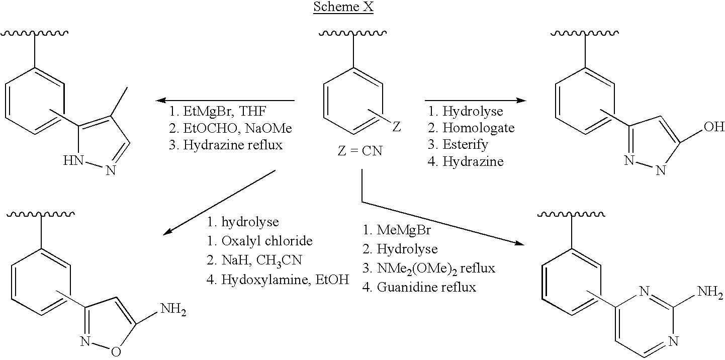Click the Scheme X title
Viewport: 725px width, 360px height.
tap(343, 8)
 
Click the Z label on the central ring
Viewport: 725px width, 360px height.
tap(396, 126)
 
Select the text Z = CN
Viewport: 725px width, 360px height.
tap(360, 150)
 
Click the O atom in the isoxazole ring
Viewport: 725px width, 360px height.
tap(116, 351)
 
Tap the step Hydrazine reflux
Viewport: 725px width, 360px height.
tap(226, 145)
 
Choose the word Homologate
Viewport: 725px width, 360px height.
tap(478, 128)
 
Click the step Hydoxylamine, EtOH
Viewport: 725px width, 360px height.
tap(278, 279)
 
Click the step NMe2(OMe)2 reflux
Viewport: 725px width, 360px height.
tap(429, 268)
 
